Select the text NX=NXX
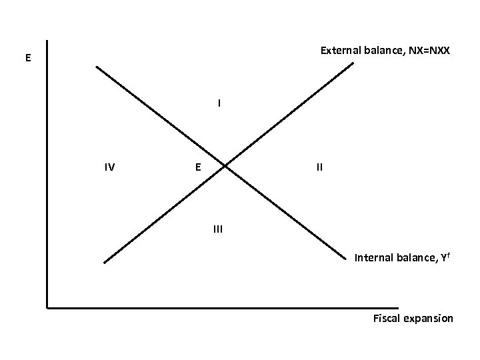coord(427,51)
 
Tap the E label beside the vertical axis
coord(27,58)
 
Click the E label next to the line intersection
coord(199,167)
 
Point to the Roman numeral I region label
coord(218,103)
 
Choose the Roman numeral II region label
coord(320,167)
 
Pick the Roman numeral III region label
coord(218,229)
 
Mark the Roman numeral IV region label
coord(109,167)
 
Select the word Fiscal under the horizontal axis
coord(386,318)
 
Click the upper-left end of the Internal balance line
coord(96,66)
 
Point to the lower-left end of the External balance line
coord(105,263)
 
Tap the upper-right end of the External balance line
coord(353,63)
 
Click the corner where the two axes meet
coord(47,308)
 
